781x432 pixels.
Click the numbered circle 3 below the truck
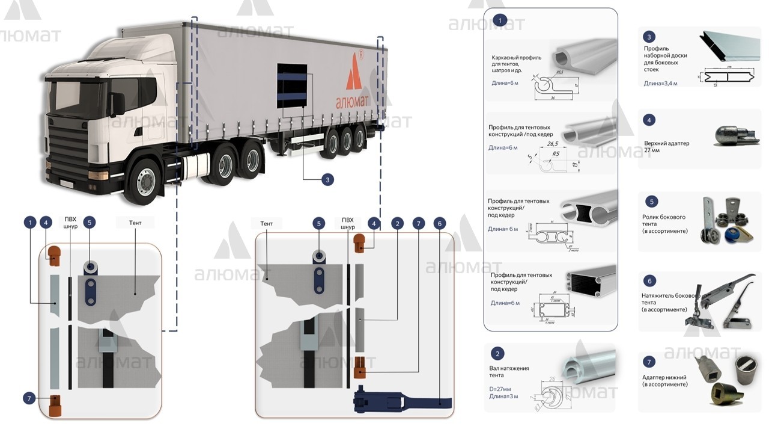(x=327, y=179)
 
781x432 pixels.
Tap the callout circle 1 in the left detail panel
(x=30, y=223)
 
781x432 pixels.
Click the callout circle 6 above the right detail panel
(x=440, y=223)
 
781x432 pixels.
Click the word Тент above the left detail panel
(x=135, y=223)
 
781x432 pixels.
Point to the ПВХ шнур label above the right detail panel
(x=347, y=223)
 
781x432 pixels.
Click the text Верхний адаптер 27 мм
(x=666, y=147)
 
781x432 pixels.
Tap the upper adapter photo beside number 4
(x=734, y=137)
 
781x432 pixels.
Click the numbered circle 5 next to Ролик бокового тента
(x=649, y=202)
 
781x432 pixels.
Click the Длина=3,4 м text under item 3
(x=660, y=83)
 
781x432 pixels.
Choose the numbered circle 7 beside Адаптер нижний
(x=649, y=362)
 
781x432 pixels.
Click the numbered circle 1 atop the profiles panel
(x=499, y=20)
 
